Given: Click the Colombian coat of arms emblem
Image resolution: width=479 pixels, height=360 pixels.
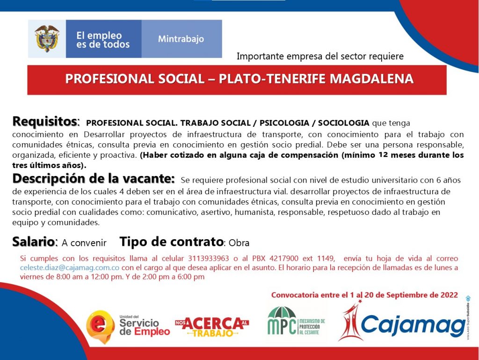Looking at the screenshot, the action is [x=47, y=38].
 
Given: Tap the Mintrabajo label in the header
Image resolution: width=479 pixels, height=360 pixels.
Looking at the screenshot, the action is [x=181, y=39].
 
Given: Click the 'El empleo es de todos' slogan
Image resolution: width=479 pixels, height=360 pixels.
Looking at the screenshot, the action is [x=103, y=40].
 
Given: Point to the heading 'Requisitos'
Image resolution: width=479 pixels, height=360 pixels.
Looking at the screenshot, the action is [x=44, y=121].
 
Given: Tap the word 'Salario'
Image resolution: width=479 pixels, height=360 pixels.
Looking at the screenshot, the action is [x=33, y=242].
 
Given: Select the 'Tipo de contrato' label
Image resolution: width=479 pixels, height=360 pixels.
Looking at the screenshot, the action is [x=171, y=242].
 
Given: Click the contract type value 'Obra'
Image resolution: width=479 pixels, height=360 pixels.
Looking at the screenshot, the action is [x=239, y=243].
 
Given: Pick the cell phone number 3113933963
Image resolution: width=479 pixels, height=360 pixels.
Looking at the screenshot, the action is [x=208, y=258].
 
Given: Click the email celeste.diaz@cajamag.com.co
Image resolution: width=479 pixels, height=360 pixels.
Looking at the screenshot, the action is [x=70, y=268].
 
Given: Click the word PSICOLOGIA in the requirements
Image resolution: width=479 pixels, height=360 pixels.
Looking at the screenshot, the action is [x=284, y=123].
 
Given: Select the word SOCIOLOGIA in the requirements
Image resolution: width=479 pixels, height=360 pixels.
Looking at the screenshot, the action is [x=344, y=123].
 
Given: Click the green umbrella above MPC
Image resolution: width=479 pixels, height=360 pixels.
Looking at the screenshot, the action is [x=282, y=312].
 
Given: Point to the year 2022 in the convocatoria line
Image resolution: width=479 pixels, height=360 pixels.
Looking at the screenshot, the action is [x=449, y=295].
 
